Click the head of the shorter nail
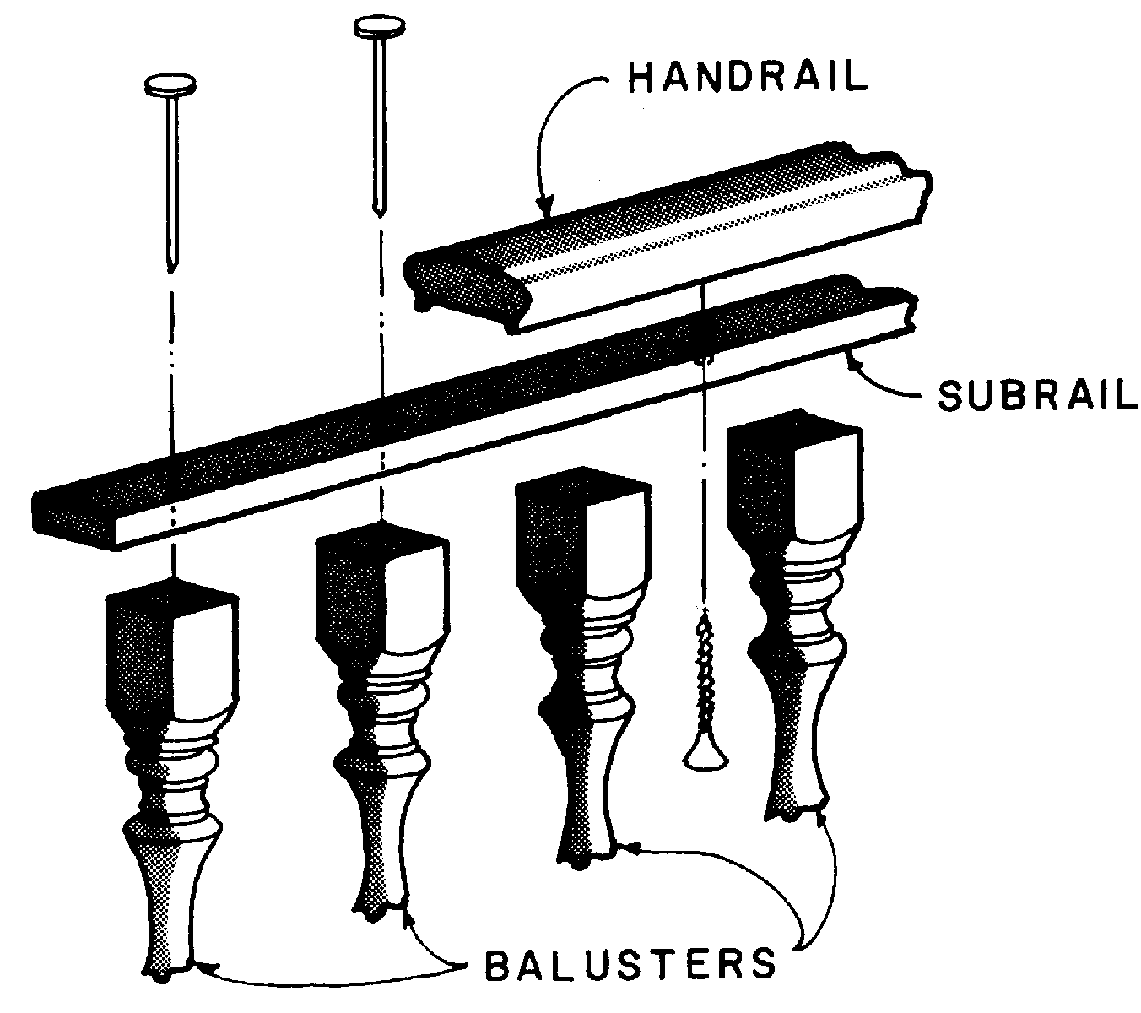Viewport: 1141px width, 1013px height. click(171, 84)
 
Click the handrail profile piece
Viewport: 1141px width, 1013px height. click(658, 245)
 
